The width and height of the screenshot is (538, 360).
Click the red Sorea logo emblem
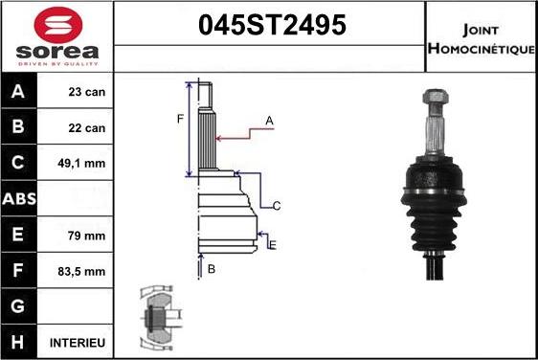click(58, 25)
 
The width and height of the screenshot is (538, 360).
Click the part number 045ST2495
click(273, 25)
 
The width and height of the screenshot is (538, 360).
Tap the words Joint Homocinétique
click(482, 39)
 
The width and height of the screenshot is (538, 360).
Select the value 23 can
click(87, 92)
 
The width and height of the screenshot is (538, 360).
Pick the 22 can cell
click(87, 128)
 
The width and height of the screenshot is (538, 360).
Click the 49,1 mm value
click(81, 164)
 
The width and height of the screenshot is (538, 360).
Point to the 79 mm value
click(86, 236)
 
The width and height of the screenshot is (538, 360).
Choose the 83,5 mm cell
click(81, 272)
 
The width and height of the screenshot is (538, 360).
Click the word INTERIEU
click(78, 343)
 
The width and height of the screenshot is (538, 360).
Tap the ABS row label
click(19, 199)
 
